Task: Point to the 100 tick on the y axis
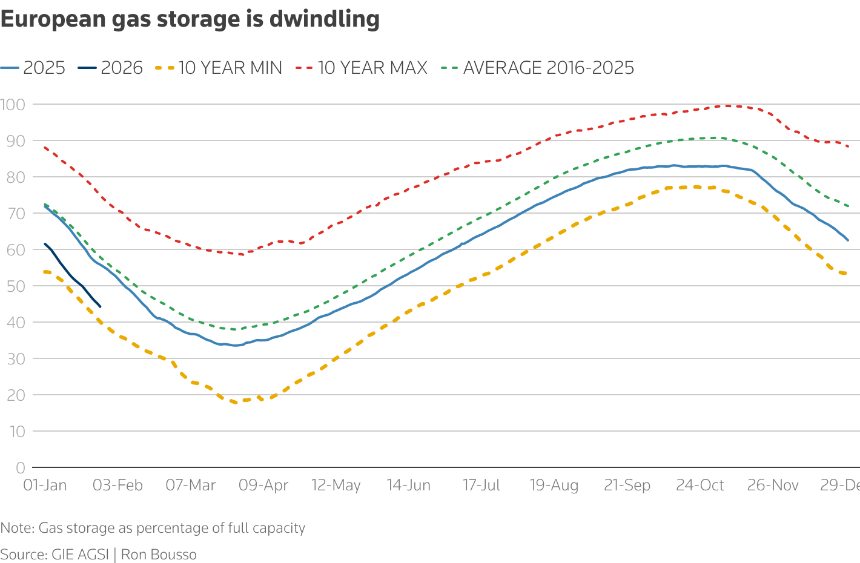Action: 13,104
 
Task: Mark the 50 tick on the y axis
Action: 16,286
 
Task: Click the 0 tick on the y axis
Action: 21,467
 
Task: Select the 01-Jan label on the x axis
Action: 45,486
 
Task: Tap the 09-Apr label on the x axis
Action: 263,486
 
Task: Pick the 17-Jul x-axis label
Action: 481,486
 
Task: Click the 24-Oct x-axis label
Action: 700,486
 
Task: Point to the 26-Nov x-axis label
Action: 773,486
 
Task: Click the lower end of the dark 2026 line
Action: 100,306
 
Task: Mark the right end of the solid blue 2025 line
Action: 848,240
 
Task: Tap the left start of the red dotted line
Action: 45,147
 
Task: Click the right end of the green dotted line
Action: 848,206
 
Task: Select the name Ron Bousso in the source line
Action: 159,555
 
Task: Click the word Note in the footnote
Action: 16,528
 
